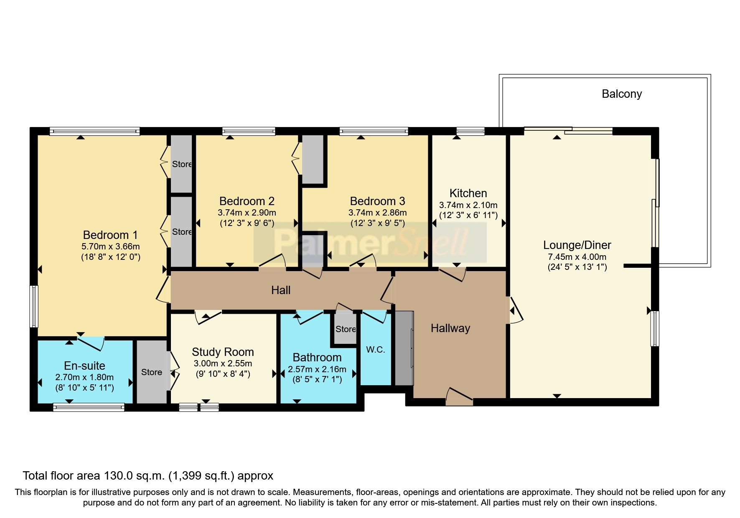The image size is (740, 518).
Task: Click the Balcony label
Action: (x=621, y=94)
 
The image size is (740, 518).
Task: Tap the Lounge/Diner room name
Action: (x=577, y=245)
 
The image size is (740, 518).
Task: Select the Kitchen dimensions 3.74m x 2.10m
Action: (x=468, y=205)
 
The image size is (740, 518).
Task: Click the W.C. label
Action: (x=375, y=350)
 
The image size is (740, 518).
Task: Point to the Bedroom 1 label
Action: (x=110, y=235)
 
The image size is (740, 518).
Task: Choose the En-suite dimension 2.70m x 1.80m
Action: (x=84, y=377)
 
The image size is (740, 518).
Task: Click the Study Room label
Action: (x=223, y=352)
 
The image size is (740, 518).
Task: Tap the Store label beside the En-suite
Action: (x=151, y=372)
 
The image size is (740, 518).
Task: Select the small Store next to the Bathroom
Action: (x=346, y=329)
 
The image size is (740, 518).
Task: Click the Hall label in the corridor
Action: (x=280, y=290)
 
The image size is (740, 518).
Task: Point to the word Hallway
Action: (x=450, y=328)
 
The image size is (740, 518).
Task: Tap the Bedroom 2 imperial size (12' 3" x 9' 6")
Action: (x=247, y=223)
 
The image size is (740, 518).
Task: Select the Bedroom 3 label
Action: (x=377, y=201)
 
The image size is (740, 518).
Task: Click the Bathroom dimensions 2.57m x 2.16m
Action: (x=317, y=369)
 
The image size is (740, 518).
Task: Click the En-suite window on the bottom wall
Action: (x=89, y=407)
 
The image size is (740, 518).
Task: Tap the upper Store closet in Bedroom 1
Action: (x=181, y=164)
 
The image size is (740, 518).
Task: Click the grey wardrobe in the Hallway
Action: (x=404, y=348)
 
